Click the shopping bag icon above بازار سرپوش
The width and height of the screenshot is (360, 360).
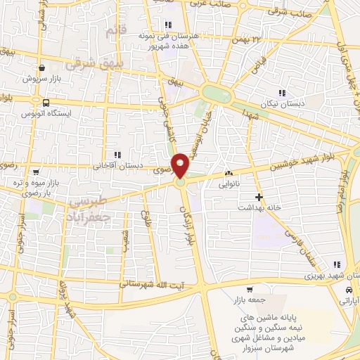click(43, 68)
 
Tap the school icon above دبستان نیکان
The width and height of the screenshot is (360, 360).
click(282, 93)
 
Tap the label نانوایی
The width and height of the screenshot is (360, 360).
click(230, 185)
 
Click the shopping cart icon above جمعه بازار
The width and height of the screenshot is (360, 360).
click(249, 290)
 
